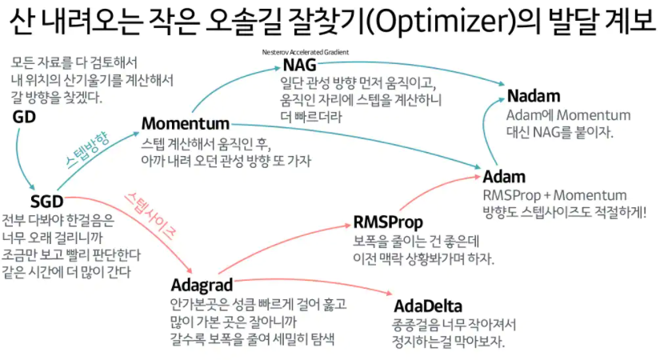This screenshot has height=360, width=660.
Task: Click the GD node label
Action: pyautogui.click(x=24, y=117)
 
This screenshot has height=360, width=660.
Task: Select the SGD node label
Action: pyautogui.click(x=46, y=200)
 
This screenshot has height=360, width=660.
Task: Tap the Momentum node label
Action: pyautogui.click(x=185, y=124)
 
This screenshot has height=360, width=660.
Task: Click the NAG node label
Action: pyautogui.click(x=299, y=66)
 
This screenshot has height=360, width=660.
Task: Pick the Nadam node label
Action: pyautogui.click(x=534, y=97)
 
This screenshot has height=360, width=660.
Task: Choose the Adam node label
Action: pyautogui.click(x=504, y=176)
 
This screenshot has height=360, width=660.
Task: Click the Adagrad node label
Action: pyautogui.click(x=201, y=285)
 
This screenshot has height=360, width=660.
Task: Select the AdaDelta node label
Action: pyautogui.click(x=428, y=306)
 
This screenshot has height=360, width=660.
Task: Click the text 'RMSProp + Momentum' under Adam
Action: pyautogui.click(x=554, y=195)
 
